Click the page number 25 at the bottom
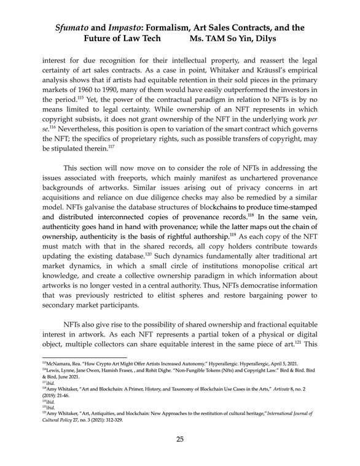pos(179,439)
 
